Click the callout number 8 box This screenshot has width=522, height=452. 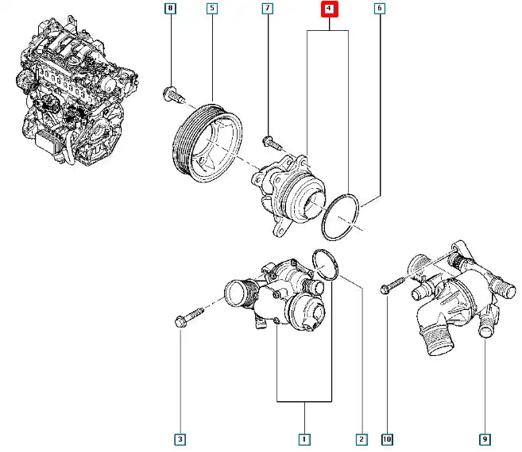169,10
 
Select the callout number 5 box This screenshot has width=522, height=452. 212,10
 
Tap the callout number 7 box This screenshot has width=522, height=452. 268,10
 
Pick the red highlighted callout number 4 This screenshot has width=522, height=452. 328,10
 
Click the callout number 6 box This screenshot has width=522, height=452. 380,10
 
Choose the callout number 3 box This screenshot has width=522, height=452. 180,439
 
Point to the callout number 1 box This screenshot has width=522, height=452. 304,439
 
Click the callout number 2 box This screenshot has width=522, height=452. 362,439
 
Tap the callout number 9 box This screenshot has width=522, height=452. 484,439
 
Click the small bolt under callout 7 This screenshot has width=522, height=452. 270,143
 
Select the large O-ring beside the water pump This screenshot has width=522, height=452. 341,217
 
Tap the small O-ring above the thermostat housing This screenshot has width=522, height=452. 325,264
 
